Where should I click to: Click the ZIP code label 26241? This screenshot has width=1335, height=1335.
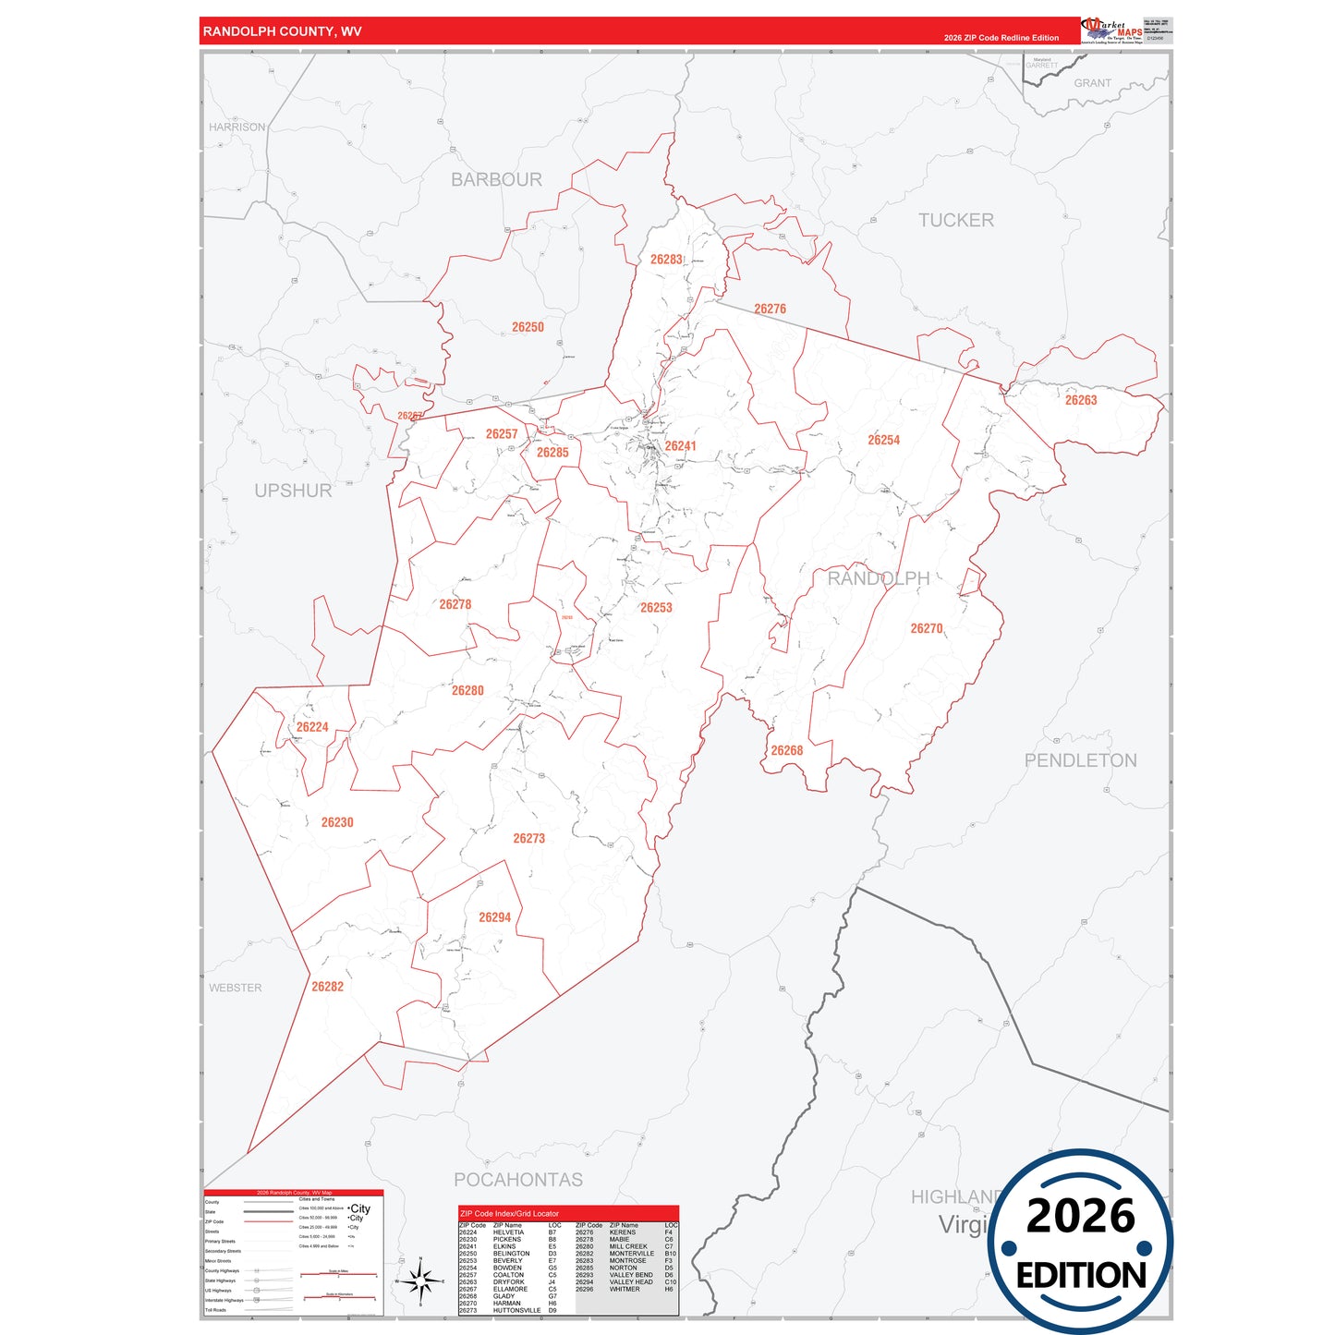pyautogui.click(x=680, y=446)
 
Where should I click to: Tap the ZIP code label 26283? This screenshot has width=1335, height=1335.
pyautogui.click(x=666, y=260)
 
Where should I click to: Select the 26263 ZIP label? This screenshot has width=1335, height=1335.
pyautogui.click(x=1081, y=400)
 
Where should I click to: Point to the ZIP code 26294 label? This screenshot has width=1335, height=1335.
pyautogui.click(x=494, y=917)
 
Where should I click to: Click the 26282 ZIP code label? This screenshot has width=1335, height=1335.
pyautogui.click(x=327, y=987)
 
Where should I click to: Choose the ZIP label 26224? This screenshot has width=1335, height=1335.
pyautogui.click(x=312, y=727)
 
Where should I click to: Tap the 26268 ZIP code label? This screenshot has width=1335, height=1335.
pyautogui.click(x=787, y=750)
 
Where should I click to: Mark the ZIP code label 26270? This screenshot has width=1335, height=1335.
pyautogui.click(x=927, y=628)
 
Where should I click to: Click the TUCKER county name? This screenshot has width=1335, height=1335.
pyautogui.click(x=956, y=220)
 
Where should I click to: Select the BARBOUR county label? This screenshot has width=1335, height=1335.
pyautogui.click(x=496, y=179)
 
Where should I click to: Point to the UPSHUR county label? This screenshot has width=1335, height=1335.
pyautogui.click(x=293, y=491)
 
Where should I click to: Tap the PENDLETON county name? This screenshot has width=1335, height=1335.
pyautogui.click(x=1080, y=760)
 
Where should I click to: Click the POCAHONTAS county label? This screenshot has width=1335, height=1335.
pyautogui.click(x=518, y=1180)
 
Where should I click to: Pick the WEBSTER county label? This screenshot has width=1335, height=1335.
pyautogui.click(x=236, y=988)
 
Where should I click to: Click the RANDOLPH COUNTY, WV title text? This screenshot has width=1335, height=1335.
pyautogui.click(x=282, y=31)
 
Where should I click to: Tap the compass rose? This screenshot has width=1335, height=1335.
pyautogui.click(x=420, y=1281)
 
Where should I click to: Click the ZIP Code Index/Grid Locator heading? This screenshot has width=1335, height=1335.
pyautogui.click(x=509, y=1213)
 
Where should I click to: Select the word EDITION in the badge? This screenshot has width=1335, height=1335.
pyautogui.click(x=1081, y=1276)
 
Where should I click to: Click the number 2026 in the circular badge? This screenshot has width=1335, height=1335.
pyautogui.click(x=1081, y=1216)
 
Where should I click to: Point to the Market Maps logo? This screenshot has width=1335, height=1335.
pyautogui.click(x=1112, y=30)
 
